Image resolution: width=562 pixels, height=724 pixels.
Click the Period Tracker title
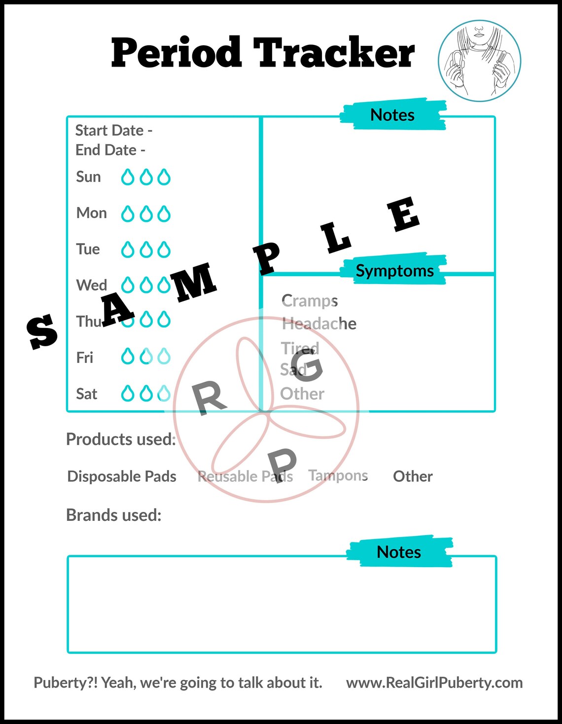263,53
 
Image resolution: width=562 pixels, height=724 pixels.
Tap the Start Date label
113,130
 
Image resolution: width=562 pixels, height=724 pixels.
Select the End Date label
110,150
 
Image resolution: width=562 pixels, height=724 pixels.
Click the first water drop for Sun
128,177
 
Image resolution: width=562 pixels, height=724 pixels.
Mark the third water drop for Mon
164,214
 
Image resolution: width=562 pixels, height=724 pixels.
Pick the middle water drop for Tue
146,250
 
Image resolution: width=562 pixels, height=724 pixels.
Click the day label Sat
87,394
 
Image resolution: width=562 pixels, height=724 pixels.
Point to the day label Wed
92,285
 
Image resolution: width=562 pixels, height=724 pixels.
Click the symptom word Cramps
310,301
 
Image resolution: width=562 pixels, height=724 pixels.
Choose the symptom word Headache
319,324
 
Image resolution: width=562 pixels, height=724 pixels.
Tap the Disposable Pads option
122,476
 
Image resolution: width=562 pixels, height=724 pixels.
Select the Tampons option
338,475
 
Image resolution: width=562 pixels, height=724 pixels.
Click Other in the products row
413,476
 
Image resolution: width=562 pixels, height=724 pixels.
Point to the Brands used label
114,515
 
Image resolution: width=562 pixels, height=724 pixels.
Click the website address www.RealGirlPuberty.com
434,683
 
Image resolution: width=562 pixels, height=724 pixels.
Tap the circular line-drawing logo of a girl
480,61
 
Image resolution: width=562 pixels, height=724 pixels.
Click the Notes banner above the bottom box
399,552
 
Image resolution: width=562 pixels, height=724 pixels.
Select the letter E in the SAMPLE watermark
403,214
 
